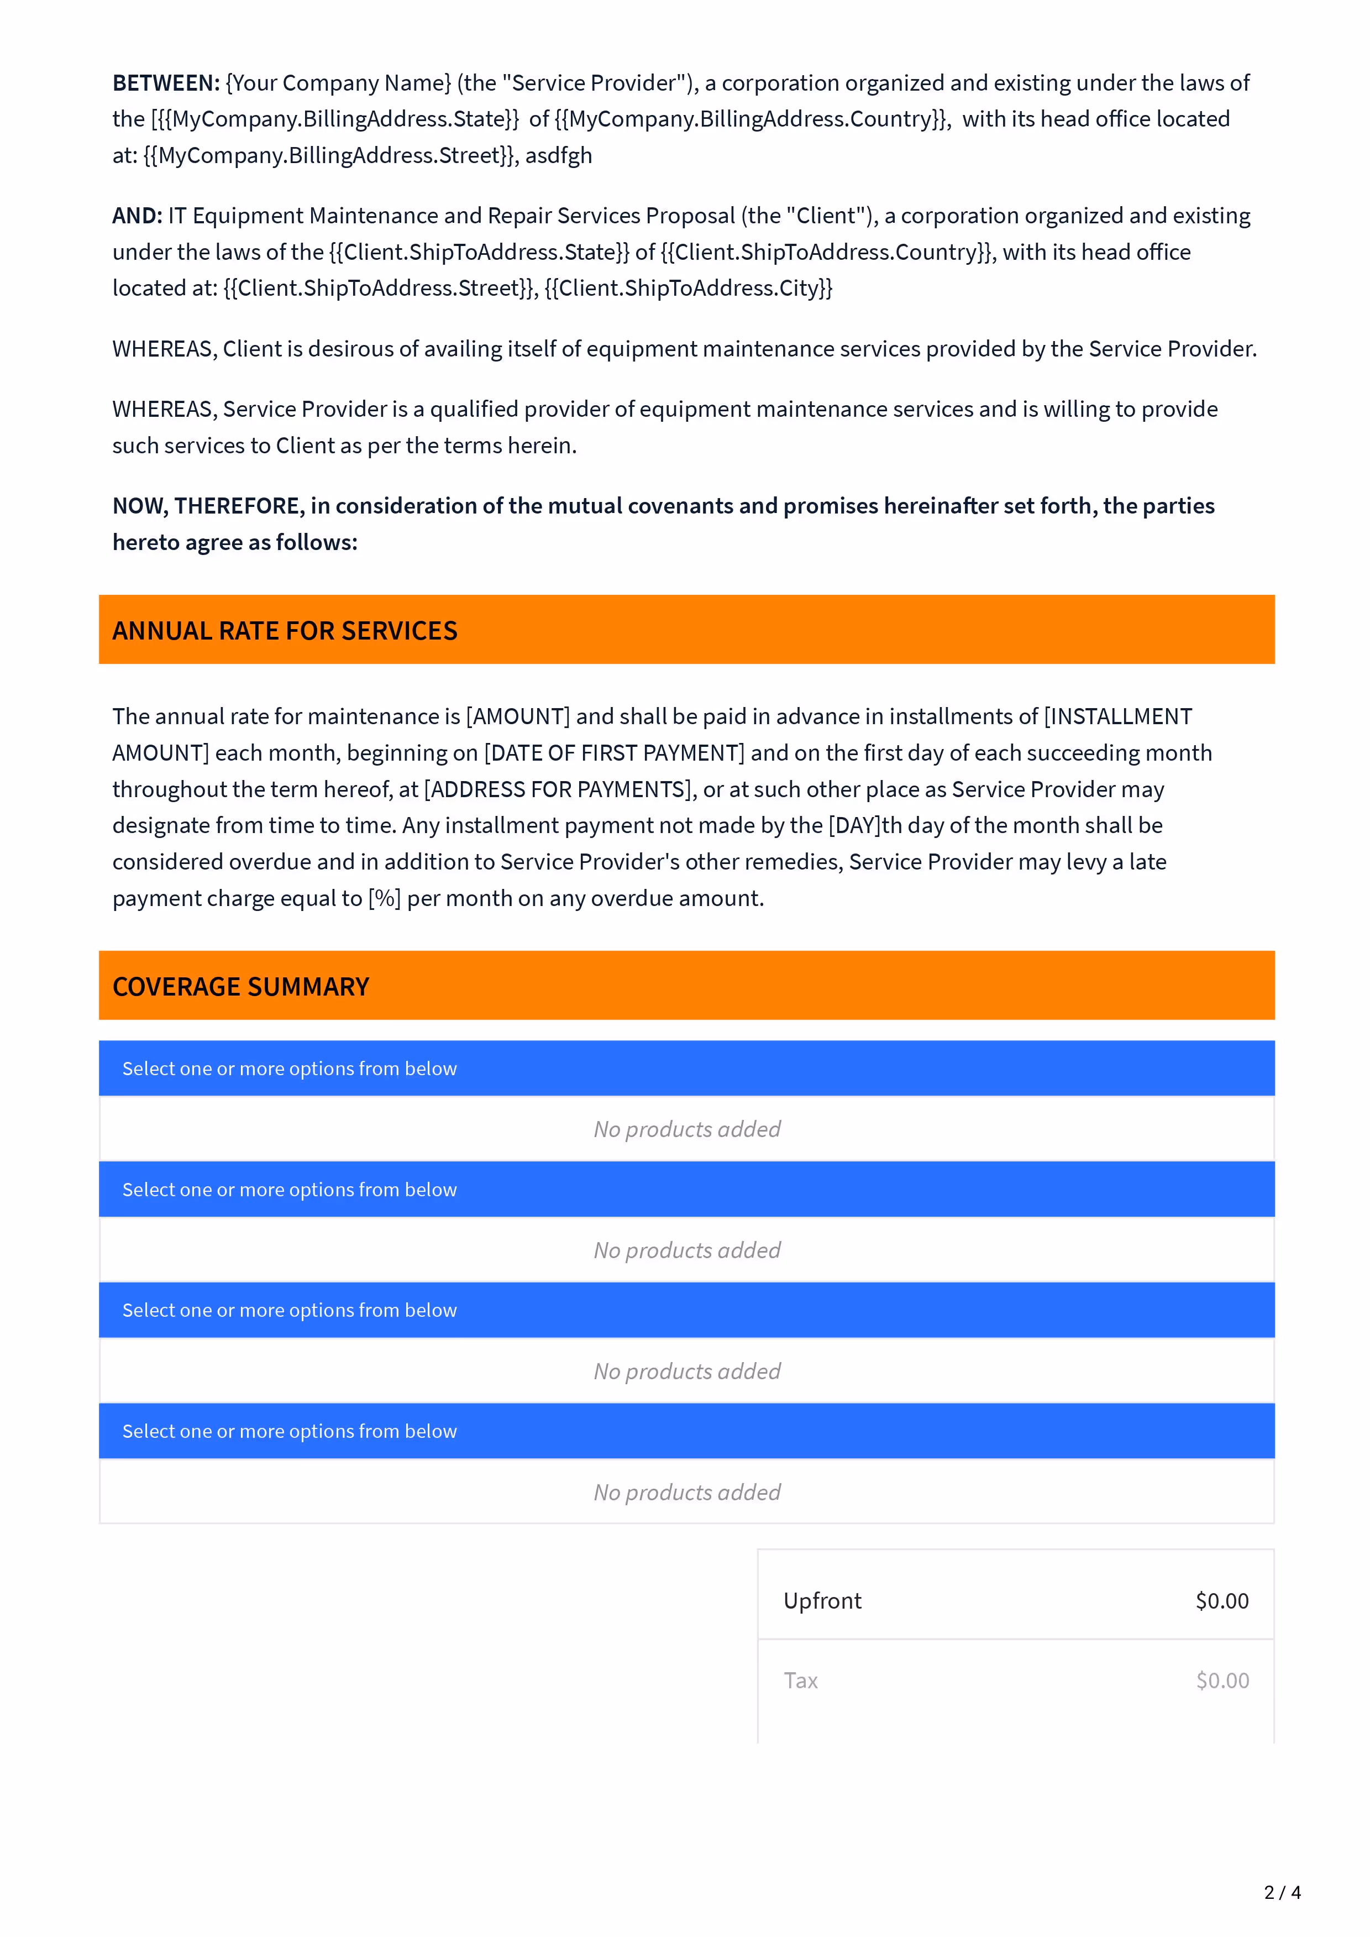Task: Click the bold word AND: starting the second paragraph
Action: (137, 216)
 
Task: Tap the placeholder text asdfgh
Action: (559, 156)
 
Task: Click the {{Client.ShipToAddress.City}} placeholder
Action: (689, 289)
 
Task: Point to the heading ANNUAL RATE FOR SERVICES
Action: (285, 631)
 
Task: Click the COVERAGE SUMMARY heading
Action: (242, 987)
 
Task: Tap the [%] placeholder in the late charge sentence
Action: (385, 898)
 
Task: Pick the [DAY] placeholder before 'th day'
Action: (854, 826)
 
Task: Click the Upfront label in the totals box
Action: (822, 1601)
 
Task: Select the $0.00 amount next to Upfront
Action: (1221, 1601)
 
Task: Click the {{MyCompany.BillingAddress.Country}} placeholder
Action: (753, 119)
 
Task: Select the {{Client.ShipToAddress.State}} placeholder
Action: (479, 252)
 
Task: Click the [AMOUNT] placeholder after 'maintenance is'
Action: (518, 717)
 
